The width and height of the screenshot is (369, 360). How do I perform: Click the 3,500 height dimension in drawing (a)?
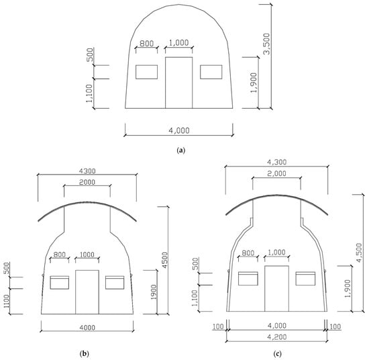point(267,44)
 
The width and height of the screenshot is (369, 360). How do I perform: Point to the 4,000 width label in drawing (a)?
point(179,130)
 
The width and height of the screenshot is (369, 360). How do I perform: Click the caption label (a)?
point(180,150)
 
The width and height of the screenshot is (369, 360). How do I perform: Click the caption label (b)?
point(85,353)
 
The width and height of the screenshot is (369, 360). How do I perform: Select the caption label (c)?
point(278,353)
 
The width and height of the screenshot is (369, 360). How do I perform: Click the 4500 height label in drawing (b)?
point(165,260)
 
